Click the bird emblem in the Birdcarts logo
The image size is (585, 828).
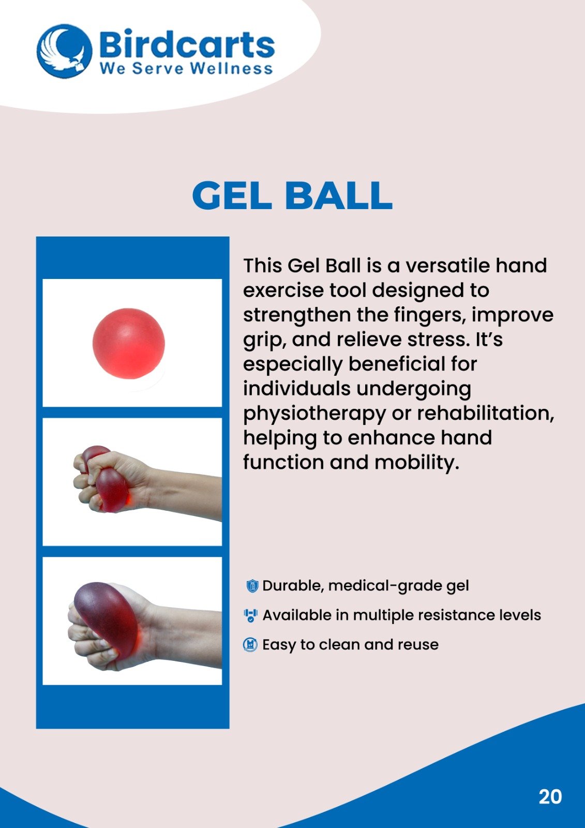(64, 51)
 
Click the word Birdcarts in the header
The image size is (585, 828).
(187, 45)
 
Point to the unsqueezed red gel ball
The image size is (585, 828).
(129, 344)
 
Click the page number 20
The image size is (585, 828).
(550, 796)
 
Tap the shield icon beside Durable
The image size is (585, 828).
(252, 586)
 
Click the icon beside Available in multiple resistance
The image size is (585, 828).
(251, 616)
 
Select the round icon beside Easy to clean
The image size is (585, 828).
(250, 645)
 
